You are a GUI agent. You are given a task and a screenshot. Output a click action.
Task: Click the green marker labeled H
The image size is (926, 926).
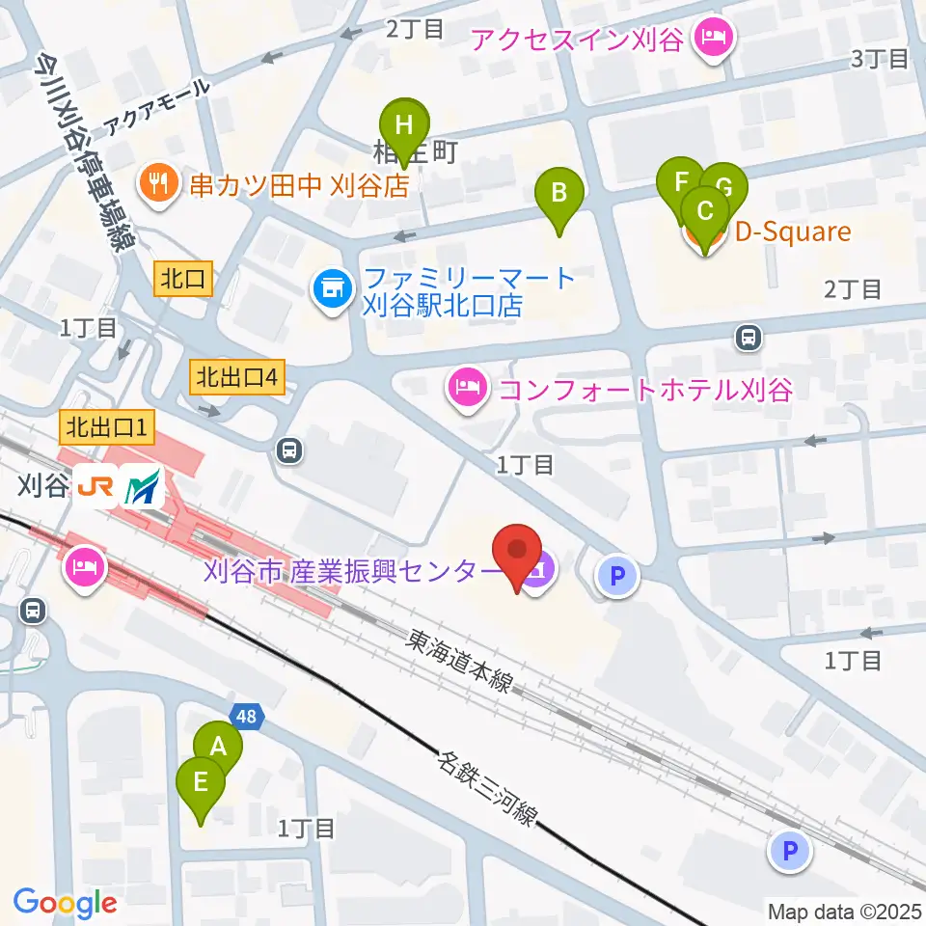(x=404, y=126)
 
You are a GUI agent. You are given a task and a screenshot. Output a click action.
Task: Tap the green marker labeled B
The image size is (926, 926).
(x=558, y=194)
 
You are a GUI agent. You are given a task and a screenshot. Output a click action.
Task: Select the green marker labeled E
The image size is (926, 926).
(x=201, y=782)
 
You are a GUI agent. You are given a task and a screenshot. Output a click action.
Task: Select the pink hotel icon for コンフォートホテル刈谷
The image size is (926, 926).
(x=468, y=391)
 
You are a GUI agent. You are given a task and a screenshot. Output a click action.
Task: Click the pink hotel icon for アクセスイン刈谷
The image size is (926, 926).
(x=713, y=41)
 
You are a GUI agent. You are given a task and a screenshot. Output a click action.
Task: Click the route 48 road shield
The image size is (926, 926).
(x=246, y=716)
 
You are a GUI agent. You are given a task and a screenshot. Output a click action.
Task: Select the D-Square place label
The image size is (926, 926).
(x=793, y=232)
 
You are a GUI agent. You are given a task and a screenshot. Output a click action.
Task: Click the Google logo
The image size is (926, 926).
(x=65, y=902)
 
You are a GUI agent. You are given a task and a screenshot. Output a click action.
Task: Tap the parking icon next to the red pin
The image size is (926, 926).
(x=617, y=576)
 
